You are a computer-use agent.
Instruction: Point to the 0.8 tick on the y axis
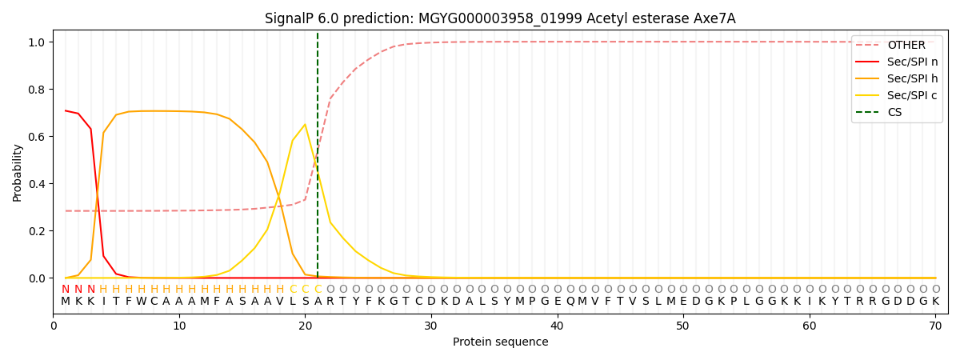(x=38, y=90)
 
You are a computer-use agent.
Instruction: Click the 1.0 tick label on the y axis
(x=38, y=42)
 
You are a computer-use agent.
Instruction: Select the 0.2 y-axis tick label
(x=38, y=231)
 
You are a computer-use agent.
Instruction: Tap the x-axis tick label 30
(x=431, y=326)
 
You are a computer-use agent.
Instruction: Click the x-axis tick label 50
(x=682, y=326)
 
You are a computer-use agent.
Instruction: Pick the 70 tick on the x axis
(x=934, y=326)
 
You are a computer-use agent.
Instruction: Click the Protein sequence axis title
(x=500, y=342)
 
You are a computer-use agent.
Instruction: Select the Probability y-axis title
(x=18, y=173)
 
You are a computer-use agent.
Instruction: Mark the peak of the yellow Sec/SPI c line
(x=305, y=124)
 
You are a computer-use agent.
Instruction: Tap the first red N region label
(x=66, y=289)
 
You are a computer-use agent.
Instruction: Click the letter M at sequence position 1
(x=66, y=302)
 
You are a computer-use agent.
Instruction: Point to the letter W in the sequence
(x=141, y=302)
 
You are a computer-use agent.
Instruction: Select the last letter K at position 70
(x=935, y=302)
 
